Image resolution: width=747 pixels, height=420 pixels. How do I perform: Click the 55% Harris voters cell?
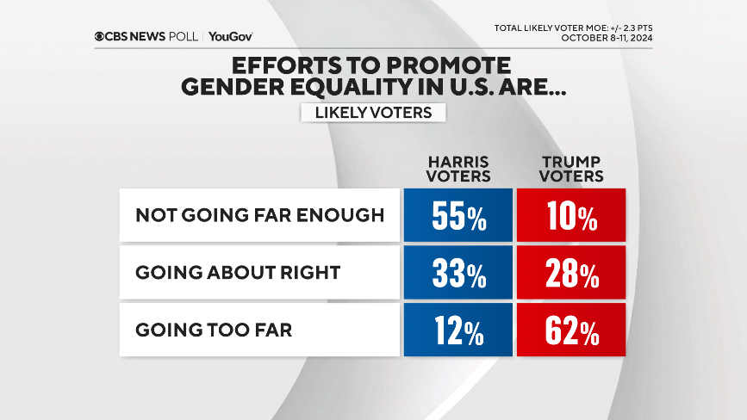tap(458, 216)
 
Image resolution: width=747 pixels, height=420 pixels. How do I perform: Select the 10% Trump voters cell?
tap(570, 216)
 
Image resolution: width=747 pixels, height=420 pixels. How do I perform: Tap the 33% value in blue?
tap(458, 273)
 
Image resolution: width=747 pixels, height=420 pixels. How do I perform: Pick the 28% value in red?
tap(570, 273)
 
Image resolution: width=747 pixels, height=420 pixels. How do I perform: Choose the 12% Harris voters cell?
tap(458, 330)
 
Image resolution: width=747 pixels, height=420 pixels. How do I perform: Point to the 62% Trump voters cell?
tap(570, 330)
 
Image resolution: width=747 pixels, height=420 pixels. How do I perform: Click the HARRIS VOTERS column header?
tap(459, 169)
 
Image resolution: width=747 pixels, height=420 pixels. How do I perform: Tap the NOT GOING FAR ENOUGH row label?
tap(259, 215)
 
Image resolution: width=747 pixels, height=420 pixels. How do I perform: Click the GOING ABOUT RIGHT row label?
tap(238, 273)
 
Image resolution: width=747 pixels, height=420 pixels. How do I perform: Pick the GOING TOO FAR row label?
tap(214, 330)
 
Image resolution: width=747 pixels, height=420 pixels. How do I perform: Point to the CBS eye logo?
tap(101, 36)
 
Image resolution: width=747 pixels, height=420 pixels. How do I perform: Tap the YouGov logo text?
tap(230, 36)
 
